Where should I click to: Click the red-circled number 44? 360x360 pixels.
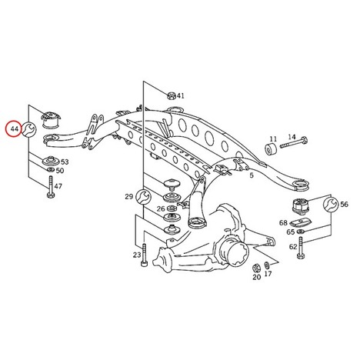pyautogui.click(x=15, y=128)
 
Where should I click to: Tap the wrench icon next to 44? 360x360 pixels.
pyautogui.click(x=28, y=129)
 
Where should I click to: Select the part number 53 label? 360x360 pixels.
pyautogui.click(x=65, y=162)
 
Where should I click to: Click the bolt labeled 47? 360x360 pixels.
pyautogui.click(x=51, y=187)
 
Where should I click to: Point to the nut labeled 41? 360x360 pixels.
pyautogui.click(x=171, y=95)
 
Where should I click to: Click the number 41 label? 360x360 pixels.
pyautogui.click(x=180, y=96)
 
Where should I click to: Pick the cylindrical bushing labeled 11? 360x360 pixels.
pyautogui.click(x=271, y=149)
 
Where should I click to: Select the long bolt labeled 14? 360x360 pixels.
pyautogui.click(x=294, y=142)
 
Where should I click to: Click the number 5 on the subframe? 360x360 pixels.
pyautogui.click(x=252, y=175)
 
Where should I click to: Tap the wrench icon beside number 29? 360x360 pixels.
pyautogui.click(x=144, y=197)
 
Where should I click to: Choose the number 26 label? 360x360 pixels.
pyautogui.click(x=161, y=208)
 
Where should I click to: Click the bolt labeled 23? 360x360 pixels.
pyautogui.click(x=145, y=255)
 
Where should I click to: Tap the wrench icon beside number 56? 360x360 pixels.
pyautogui.click(x=330, y=205)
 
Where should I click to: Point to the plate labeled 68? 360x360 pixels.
pyautogui.click(x=300, y=222)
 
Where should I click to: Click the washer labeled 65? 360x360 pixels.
pyautogui.click(x=299, y=232)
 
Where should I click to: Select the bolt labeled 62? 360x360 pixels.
pyautogui.click(x=301, y=248)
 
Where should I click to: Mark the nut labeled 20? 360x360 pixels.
pyautogui.click(x=255, y=268)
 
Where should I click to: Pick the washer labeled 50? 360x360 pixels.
pyautogui.click(x=51, y=169)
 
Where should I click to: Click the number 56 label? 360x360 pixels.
pyautogui.click(x=344, y=205)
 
